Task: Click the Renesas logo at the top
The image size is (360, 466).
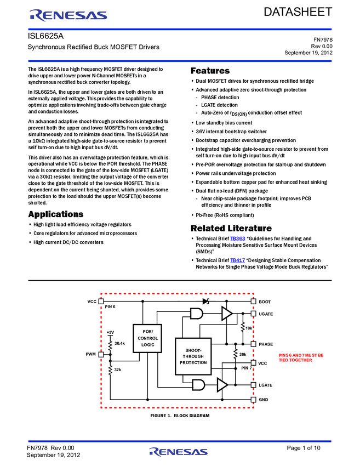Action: click(68, 15)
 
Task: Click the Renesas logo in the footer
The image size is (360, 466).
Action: click(179, 452)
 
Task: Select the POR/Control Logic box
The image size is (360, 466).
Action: click(147, 338)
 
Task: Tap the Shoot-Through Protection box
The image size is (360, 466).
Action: click(193, 356)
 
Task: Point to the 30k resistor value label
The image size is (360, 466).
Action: click(243, 354)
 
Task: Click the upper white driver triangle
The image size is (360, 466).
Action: click(226, 314)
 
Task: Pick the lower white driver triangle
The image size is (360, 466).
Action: click(221, 385)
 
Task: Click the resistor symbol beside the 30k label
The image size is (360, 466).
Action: click(235, 354)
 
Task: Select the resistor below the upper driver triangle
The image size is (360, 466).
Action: click(242, 327)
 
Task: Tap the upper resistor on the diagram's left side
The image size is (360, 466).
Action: click(110, 345)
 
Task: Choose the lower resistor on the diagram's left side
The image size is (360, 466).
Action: click(110, 370)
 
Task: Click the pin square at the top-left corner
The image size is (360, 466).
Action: click(101, 301)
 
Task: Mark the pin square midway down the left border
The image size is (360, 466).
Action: click(101, 354)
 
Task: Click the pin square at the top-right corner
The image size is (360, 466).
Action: click(253, 301)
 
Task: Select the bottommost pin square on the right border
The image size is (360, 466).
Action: click(253, 399)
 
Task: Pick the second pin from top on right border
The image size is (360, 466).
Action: click(253, 314)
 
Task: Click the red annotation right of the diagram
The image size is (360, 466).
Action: click(301, 357)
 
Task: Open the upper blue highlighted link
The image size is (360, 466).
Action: click(238, 239)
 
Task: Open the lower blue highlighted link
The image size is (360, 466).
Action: click(237, 260)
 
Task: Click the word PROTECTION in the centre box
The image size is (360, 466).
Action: click(193, 363)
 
